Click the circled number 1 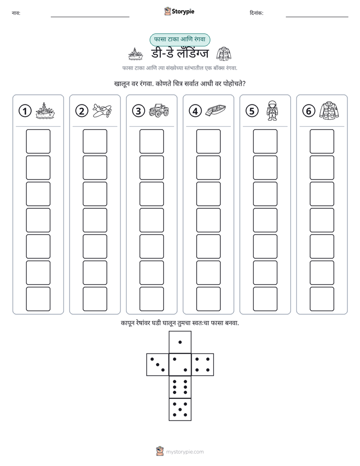(x=25, y=111)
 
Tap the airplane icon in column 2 (x=102, y=110)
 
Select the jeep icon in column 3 (x=159, y=110)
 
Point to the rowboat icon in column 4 (x=216, y=110)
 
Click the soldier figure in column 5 (x=272, y=110)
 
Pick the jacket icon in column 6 (x=329, y=110)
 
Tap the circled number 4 (x=195, y=111)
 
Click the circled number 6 (x=309, y=111)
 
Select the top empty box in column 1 (x=38, y=141)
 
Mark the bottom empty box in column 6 (x=322, y=299)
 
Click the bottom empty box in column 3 (x=151, y=299)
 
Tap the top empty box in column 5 (x=265, y=141)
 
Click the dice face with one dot (x=180, y=342)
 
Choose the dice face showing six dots (x=180, y=387)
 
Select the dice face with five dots (x=180, y=410)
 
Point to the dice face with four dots (x=203, y=365)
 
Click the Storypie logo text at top (x=183, y=12)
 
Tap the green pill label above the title (x=179, y=39)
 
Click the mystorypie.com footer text (x=185, y=452)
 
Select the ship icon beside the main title (x=136, y=54)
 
